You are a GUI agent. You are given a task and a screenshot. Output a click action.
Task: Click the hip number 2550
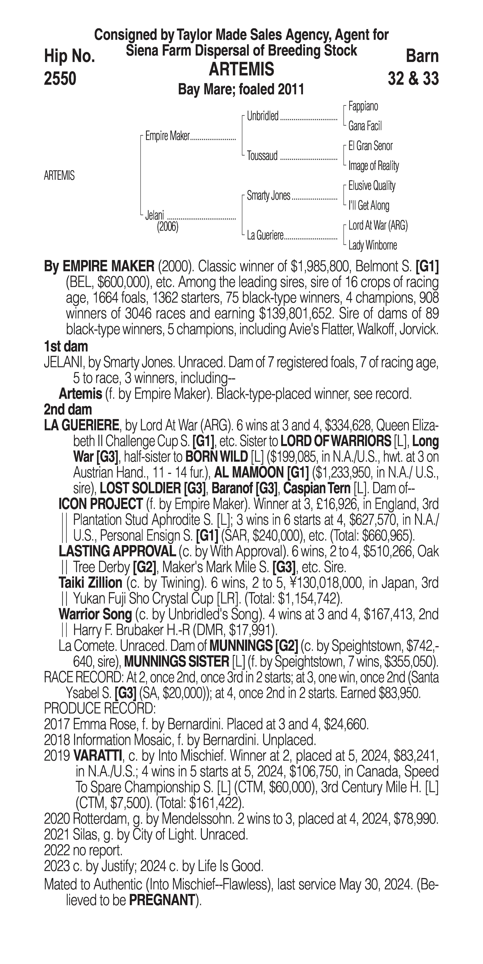[60, 79]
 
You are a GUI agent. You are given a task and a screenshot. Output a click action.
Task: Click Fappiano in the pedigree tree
[363, 106]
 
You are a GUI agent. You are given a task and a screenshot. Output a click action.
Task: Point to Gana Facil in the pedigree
[365, 126]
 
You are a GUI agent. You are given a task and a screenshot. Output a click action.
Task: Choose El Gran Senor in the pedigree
[370, 146]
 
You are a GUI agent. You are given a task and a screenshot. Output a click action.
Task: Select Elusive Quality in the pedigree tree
[372, 186]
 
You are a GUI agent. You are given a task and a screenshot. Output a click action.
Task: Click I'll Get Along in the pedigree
[369, 205]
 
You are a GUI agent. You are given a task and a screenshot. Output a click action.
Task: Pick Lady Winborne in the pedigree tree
[373, 245]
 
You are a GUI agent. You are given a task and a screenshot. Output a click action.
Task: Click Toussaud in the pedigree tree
[262, 156]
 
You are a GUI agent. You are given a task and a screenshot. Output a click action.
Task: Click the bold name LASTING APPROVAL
[117, 551]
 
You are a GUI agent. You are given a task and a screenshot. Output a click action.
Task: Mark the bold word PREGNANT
[162, 900]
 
